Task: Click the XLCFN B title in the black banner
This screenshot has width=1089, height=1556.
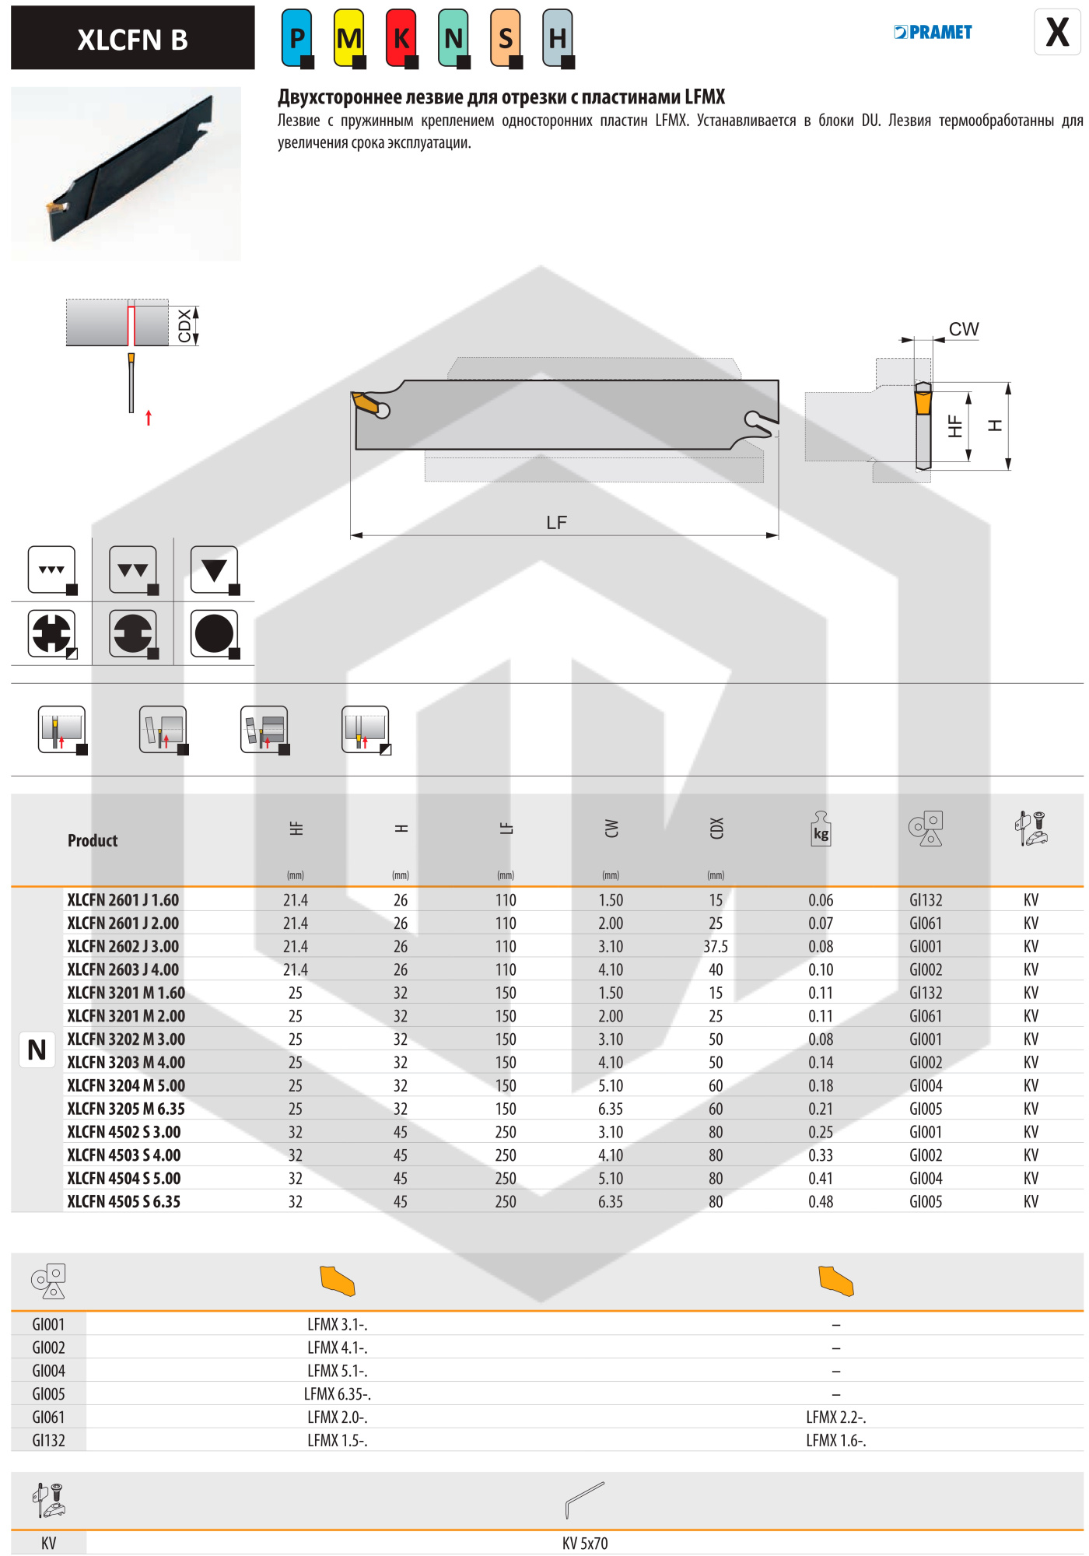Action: point(132,39)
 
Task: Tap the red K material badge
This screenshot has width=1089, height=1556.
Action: point(401,37)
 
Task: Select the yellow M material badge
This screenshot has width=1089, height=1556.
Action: point(348,37)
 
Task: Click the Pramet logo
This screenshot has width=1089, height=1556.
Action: point(933,32)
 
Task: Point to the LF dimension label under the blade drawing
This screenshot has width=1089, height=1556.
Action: point(556,522)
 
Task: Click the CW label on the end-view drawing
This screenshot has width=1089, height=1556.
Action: point(963,329)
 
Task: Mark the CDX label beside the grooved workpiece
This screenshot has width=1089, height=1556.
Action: point(184,325)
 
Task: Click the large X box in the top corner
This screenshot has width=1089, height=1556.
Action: point(1056,32)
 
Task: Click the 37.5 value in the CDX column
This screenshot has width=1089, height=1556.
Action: point(715,946)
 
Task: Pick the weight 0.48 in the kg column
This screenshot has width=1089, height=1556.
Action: point(820,1201)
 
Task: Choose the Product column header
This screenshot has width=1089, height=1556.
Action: point(93,840)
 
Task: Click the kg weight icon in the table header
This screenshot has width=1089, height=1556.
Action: point(821,829)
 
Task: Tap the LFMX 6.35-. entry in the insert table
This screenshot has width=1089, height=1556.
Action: point(337,1393)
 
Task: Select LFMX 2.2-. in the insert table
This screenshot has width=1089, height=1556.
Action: point(835,1417)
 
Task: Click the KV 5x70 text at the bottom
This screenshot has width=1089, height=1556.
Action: point(585,1543)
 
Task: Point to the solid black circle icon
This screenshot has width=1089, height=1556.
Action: point(214,633)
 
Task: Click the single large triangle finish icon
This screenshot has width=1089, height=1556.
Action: point(214,570)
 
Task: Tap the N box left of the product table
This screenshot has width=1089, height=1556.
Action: point(37,1050)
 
